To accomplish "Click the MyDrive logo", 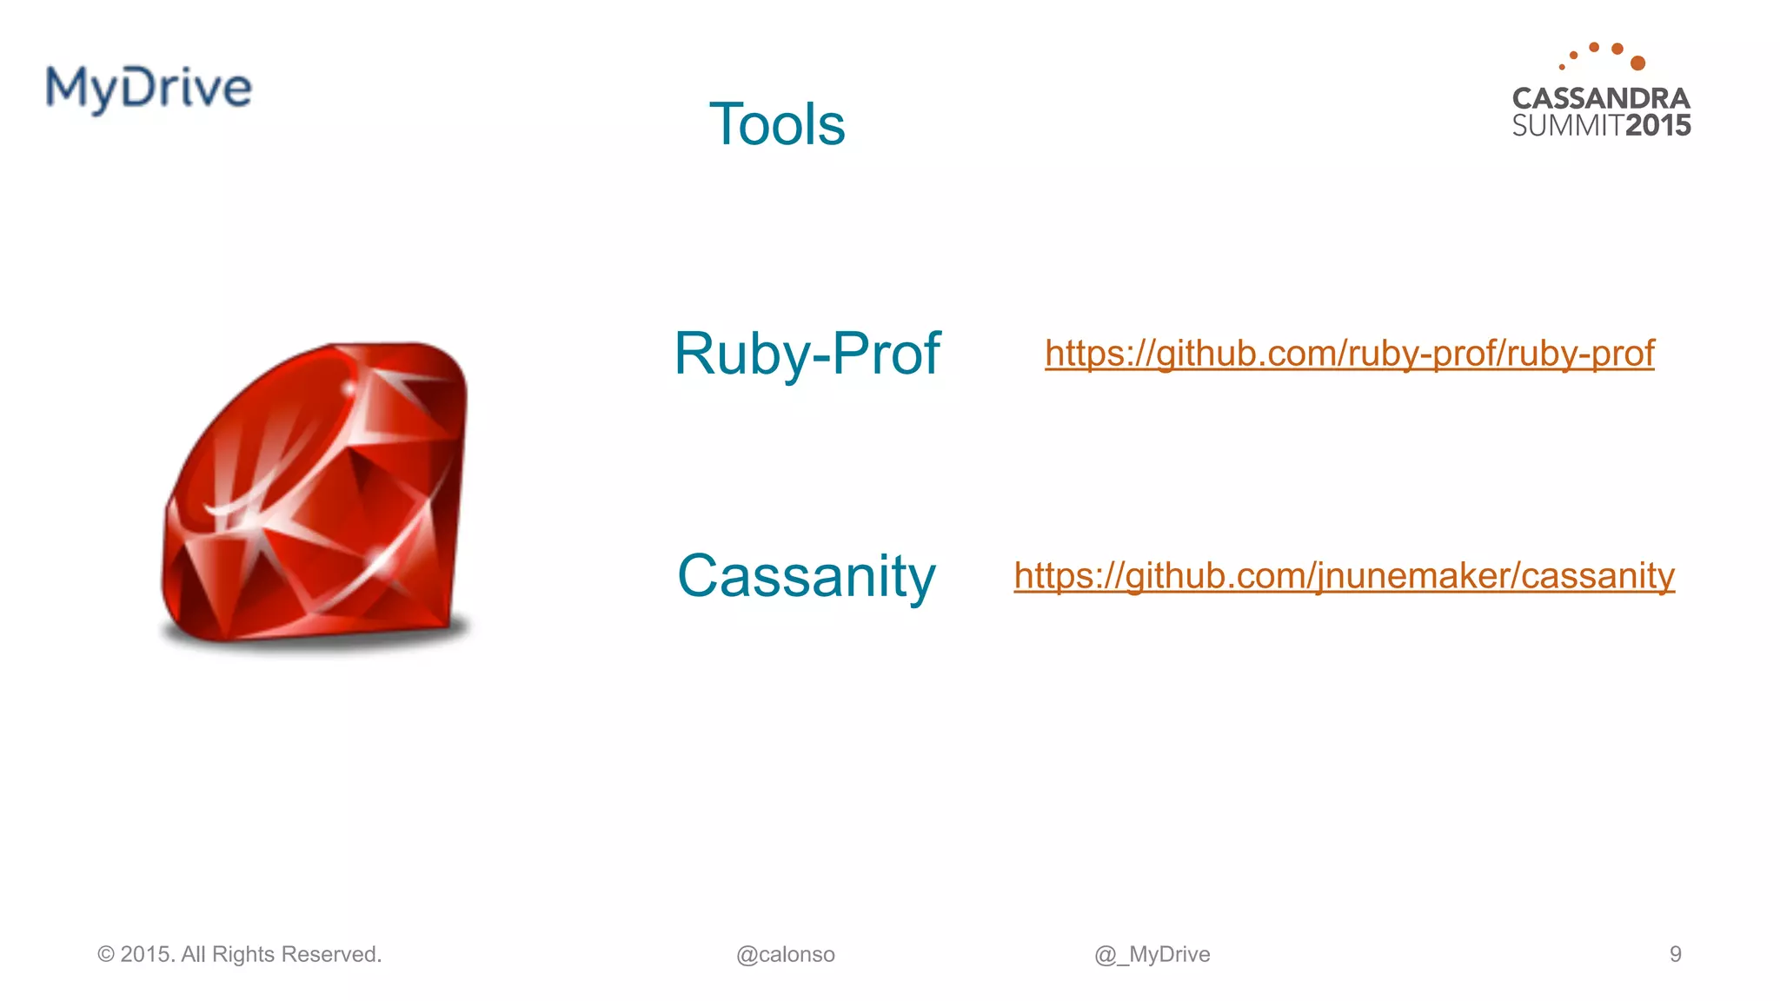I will [149, 88].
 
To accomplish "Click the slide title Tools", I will [776, 124].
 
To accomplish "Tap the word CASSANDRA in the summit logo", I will [1601, 98].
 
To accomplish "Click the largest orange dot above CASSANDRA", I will [1638, 63].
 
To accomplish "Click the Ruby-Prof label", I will [807, 354].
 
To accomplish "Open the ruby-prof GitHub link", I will [1349, 354].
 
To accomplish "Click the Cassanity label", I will [806, 576].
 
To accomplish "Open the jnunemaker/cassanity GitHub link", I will [1344, 576].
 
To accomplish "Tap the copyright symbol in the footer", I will [106, 955].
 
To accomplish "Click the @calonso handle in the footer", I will [785, 955].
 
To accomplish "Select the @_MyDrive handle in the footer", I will [1152, 955].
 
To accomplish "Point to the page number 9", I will [1675, 954].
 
